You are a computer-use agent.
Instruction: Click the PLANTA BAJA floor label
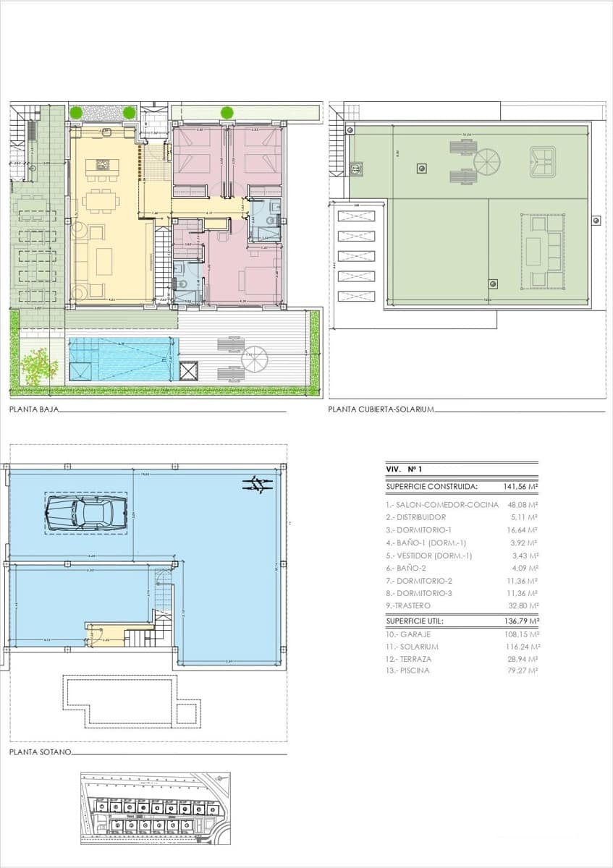pos(34,409)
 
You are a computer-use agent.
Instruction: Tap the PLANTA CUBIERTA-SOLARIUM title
pos(381,409)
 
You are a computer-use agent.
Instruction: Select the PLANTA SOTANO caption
pos(41,752)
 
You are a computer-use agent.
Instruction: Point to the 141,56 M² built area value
pos(520,487)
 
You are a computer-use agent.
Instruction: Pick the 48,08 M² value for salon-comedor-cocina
pos(524,505)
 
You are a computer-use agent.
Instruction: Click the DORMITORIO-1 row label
pos(422,530)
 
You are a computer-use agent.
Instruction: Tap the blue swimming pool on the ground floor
pos(122,359)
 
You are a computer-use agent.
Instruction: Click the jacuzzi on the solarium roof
pos(542,161)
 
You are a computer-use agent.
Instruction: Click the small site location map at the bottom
pos(155,808)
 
